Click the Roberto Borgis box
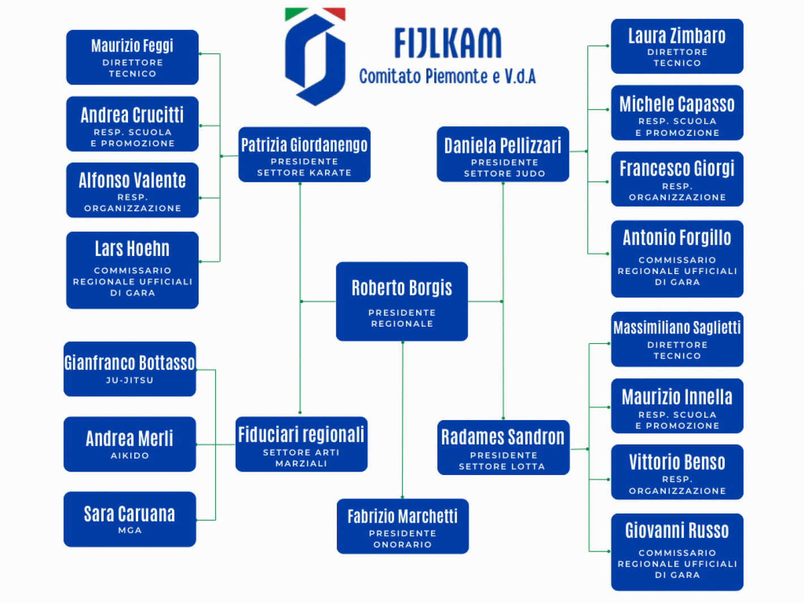coord(401,301)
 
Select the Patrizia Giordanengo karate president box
coord(304,155)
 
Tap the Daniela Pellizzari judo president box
coord(503,155)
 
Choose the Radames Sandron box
coord(503,447)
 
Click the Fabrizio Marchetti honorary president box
coord(403,526)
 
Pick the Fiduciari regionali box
coord(301,444)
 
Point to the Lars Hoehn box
coord(132,270)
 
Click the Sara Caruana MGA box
coord(130,519)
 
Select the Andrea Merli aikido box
coord(130,444)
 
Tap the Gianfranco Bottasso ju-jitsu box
coord(130,369)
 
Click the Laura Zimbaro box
coord(677,46)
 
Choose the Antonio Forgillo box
coord(677,259)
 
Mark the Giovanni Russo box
coord(677,552)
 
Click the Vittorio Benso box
coord(677,472)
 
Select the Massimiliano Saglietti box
coord(677,339)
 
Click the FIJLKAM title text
coord(447,44)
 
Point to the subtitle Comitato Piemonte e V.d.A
coord(447,76)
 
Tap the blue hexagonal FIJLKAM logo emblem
coord(315,57)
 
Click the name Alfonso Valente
coord(132,181)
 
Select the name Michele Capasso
coord(677,104)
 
